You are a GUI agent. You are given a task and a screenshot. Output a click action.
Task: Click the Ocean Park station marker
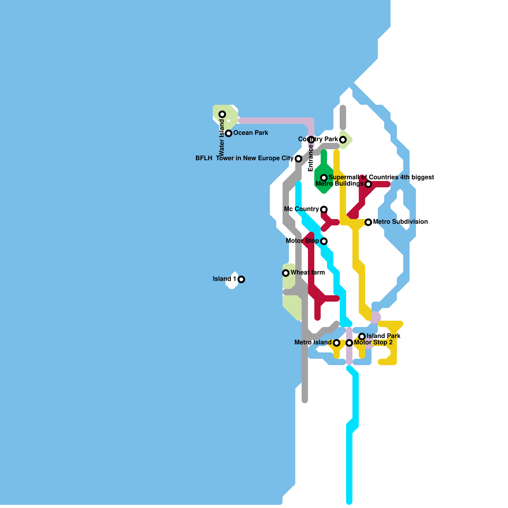[229, 133]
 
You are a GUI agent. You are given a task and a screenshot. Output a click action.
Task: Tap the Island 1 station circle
[241, 279]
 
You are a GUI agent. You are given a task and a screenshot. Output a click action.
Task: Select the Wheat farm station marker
[286, 273]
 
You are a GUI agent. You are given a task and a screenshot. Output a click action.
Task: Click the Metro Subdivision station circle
[368, 222]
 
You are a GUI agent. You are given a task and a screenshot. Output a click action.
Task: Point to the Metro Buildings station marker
[368, 184]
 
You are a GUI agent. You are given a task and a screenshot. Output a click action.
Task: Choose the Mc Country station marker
[324, 210]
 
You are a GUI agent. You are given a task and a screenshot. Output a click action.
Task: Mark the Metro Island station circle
[337, 343]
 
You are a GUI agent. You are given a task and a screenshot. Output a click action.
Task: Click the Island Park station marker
[362, 337]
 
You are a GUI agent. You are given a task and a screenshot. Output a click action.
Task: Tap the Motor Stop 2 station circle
[349, 343]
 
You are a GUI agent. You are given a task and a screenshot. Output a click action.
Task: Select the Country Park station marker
[343, 140]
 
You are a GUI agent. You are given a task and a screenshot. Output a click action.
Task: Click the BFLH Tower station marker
[298, 159]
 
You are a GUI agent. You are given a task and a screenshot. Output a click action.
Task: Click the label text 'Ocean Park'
[251, 133]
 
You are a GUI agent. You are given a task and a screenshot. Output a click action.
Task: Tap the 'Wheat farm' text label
[307, 272]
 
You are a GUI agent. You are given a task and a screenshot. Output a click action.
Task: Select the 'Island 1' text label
[224, 279]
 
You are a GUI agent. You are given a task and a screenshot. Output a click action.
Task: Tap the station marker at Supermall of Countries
[324, 178]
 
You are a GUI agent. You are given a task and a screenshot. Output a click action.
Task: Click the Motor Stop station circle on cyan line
[324, 241]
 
